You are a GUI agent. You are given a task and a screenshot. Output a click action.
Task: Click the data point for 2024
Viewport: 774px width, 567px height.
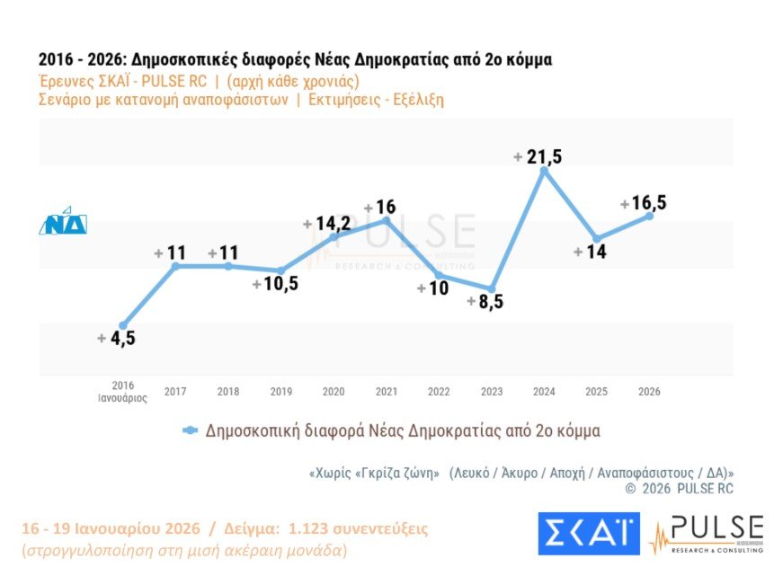[x=544, y=169]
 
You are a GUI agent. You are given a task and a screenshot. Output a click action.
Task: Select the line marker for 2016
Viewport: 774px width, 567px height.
[x=123, y=325]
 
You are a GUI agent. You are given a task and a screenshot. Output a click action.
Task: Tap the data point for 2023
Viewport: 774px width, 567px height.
[x=491, y=288]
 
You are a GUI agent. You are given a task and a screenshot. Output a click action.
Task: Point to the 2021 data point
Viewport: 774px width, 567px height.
[x=387, y=219]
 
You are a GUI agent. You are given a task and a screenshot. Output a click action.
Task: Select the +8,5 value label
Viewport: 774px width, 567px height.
[x=485, y=302]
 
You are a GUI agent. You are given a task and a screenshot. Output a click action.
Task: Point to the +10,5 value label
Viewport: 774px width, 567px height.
[x=275, y=284]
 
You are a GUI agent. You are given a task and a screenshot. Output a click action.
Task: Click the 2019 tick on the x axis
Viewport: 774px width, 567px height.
[x=281, y=392]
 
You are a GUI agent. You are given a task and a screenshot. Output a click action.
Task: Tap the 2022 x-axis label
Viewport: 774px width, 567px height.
[x=439, y=392]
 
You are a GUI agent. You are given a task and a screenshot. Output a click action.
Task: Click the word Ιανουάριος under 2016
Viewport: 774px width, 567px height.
[x=123, y=399]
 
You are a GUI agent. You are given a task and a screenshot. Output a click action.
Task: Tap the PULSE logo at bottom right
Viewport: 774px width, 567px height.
[x=707, y=534]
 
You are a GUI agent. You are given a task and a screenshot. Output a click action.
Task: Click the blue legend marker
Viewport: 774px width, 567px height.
[x=190, y=430]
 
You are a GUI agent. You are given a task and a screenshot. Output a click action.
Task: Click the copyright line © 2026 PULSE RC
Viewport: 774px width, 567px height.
[x=679, y=489]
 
